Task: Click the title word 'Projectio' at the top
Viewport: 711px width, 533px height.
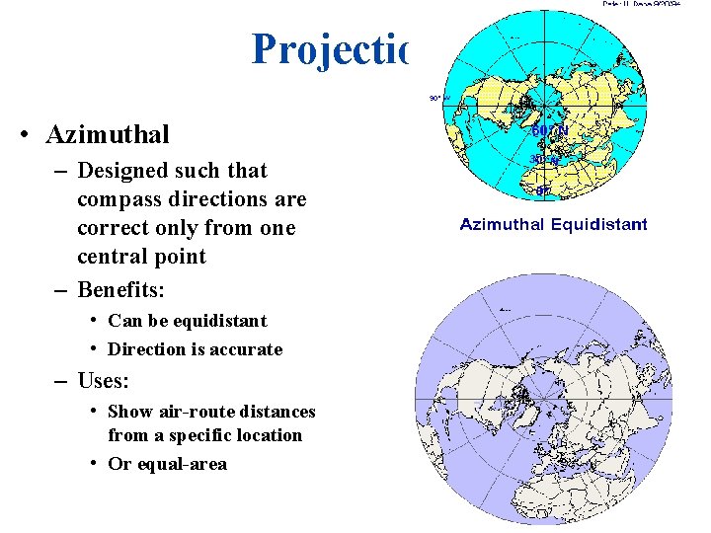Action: point(329,49)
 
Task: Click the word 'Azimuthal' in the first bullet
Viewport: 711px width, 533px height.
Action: point(108,133)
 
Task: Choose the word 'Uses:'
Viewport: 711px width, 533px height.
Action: point(104,380)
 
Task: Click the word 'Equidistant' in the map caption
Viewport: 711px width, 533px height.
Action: point(598,224)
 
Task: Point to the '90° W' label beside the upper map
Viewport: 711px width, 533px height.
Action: point(434,98)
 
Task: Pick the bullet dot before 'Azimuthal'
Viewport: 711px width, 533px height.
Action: point(23,134)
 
